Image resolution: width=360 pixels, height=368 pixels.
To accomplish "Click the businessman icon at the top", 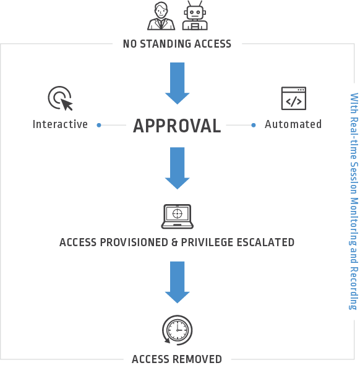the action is pyautogui.click(x=161, y=16).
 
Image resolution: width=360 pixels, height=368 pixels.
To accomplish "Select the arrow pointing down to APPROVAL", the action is pyautogui.click(x=177, y=83).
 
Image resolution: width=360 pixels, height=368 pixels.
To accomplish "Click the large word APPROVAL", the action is pyautogui.click(x=177, y=126).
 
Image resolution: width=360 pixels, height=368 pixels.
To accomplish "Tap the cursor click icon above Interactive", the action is pyautogui.click(x=61, y=98).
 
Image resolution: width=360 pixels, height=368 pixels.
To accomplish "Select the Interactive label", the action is pyautogui.click(x=60, y=124).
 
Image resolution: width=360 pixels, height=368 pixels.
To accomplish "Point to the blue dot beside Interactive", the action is pyautogui.click(x=99, y=126).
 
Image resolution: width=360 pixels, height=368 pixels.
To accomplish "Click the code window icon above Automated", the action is pyautogui.click(x=294, y=98).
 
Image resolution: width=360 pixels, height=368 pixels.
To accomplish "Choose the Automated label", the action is pyautogui.click(x=293, y=124).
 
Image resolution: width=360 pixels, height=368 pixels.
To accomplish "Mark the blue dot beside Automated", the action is pyautogui.click(x=254, y=126).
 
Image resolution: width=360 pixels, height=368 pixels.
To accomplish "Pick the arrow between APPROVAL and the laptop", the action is pyautogui.click(x=177, y=168).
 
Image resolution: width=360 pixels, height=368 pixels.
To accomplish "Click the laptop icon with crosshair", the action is pyautogui.click(x=177, y=216).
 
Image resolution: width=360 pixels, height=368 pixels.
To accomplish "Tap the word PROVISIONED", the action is pyautogui.click(x=134, y=242).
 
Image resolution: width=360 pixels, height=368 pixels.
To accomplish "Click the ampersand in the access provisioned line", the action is pyautogui.click(x=174, y=242).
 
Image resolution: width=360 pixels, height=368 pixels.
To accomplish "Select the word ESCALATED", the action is pyautogui.click(x=265, y=242).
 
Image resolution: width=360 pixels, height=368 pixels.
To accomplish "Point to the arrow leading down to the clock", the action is pyautogui.click(x=177, y=282).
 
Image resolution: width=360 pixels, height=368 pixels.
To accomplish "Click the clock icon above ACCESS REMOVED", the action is pyautogui.click(x=177, y=330).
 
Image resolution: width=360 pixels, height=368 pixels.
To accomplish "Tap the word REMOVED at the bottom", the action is pyautogui.click(x=197, y=359).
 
